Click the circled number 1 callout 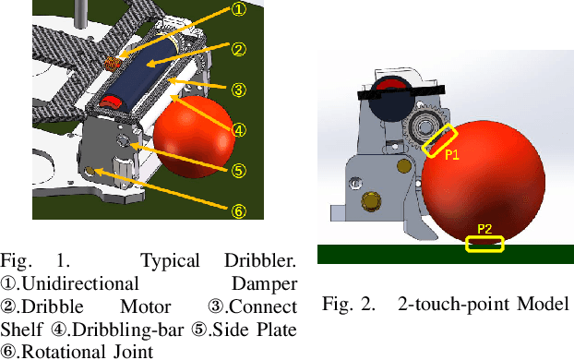pos(238,10)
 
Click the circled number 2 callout pos(238,50)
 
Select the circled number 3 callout pos(238,90)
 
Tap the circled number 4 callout pos(238,130)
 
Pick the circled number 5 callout pos(238,170)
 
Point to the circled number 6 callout pos(238,210)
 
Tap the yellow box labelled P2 pos(485,244)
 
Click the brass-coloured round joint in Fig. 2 pos(372,200)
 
